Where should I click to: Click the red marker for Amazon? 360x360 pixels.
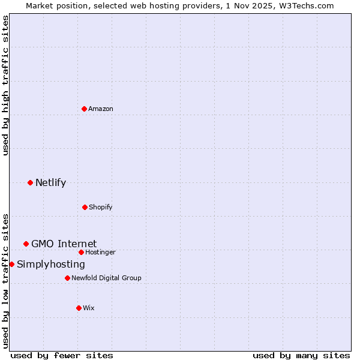pos(84,109)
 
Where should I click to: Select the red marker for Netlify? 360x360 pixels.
pos(30,182)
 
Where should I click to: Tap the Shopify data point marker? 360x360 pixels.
pos(85,207)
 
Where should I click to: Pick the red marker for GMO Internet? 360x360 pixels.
pos(26,244)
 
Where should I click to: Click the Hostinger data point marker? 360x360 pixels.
pos(81,252)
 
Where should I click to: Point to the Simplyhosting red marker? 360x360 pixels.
pos(11,264)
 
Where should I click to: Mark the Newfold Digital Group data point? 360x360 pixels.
pos(67,278)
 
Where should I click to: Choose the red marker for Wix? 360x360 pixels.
pos(79,308)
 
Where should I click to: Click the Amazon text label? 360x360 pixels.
pos(101,109)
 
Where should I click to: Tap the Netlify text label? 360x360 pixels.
pos(50,182)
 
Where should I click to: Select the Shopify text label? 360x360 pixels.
pos(101,207)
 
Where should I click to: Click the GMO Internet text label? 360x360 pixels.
pos(64,244)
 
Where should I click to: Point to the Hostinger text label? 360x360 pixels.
pos(100,252)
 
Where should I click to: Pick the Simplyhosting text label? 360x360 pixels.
pos(51,264)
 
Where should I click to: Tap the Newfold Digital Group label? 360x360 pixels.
pos(106,278)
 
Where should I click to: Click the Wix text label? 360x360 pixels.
pos(89,308)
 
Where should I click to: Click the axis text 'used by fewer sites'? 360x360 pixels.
pos(62,355)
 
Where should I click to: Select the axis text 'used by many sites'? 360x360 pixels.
pos(301,355)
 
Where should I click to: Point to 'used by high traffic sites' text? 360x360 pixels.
pos(6,86)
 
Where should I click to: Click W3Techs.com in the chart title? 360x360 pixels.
pos(304,5)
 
